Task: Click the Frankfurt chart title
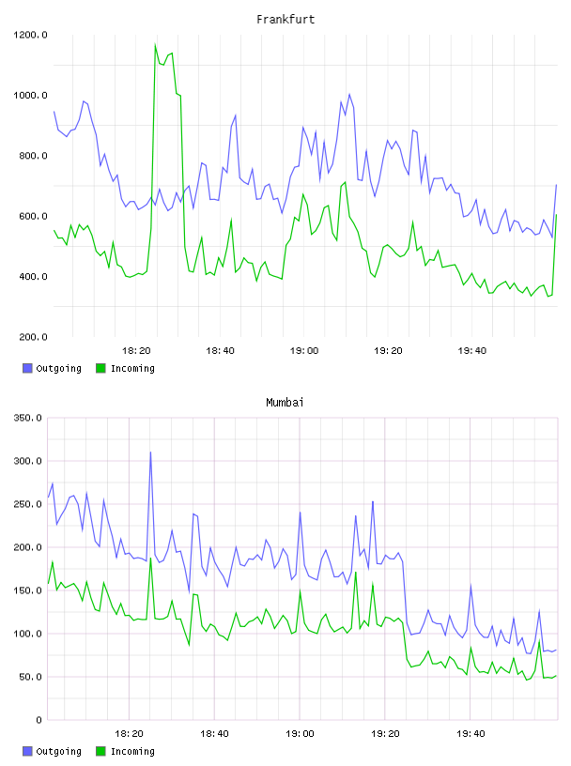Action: tap(285, 20)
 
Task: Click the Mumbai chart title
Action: tap(285, 403)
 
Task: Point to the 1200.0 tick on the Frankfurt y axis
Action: tap(30, 35)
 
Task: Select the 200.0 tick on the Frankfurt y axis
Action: tap(33, 337)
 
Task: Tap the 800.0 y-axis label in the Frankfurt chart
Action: tap(33, 156)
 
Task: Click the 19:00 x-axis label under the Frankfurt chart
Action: tap(304, 351)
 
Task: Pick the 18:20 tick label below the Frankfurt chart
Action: tap(136, 351)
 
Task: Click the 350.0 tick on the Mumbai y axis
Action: tap(27, 418)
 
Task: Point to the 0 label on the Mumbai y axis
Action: tap(39, 720)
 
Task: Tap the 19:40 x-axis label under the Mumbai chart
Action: tap(471, 734)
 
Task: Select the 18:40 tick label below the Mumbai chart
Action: tap(215, 734)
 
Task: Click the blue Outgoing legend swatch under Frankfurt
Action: tap(27, 368)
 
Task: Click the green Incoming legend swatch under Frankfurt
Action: tap(100, 368)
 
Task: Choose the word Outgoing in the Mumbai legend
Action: tap(58, 751)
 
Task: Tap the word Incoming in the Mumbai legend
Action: tap(132, 751)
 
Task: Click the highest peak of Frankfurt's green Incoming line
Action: tap(156, 44)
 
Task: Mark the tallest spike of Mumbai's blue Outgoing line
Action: tap(150, 452)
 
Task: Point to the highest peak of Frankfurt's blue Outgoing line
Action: tap(349, 94)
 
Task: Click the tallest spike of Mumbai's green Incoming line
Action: tap(150, 559)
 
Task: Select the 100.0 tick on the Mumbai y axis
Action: tap(27, 634)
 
